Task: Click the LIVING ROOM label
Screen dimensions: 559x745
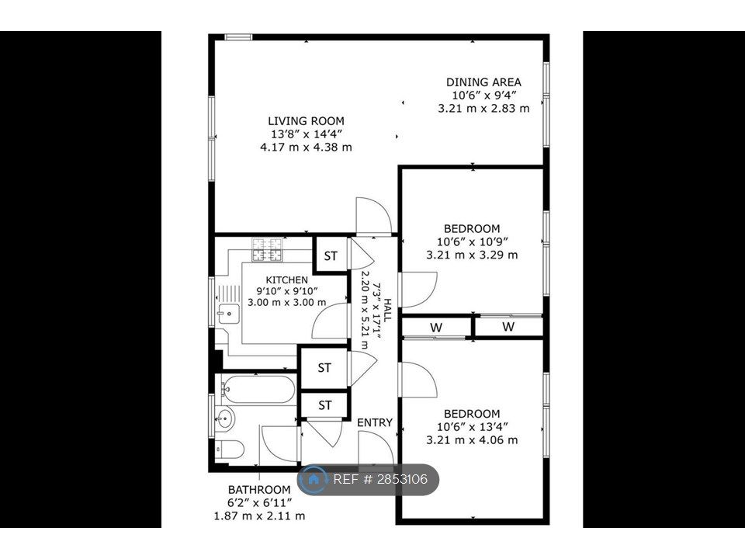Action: (306, 121)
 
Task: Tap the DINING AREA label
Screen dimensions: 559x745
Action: (483, 82)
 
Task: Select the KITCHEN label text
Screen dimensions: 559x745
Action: (286, 279)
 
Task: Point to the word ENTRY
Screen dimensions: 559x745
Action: (375, 422)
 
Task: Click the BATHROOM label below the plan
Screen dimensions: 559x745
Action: (259, 490)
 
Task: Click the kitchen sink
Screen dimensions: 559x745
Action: (227, 313)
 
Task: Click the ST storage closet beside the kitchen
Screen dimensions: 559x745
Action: (331, 256)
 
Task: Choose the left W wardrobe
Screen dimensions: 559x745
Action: (436, 328)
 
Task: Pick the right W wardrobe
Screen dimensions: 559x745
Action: (508, 327)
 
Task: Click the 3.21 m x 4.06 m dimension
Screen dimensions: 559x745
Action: (472, 440)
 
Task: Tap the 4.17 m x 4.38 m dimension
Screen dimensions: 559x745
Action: (306, 147)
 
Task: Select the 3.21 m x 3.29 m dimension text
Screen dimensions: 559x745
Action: (472, 254)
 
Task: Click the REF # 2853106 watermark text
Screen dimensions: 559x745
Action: (380, 480)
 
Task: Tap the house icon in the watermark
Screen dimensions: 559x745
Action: (314, 480)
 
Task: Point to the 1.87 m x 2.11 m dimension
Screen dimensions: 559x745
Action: (259, 516)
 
